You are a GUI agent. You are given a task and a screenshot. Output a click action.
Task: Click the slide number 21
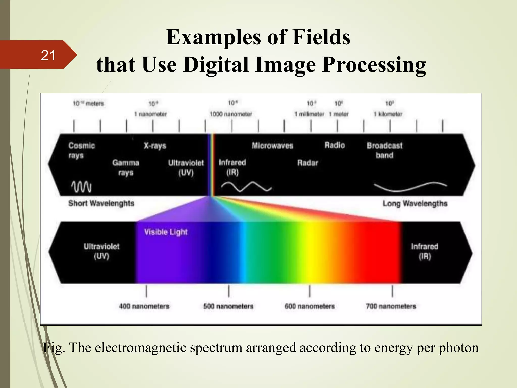pos(48,55)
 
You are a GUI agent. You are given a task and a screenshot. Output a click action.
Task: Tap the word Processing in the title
pos(374,65)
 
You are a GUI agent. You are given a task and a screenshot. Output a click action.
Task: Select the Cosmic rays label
pos(81,150)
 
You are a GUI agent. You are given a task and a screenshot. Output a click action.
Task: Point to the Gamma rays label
pos(125,167)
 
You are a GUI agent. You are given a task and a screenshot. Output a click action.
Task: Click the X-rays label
pos(155,146)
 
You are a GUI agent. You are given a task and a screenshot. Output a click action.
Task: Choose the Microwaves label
pos(272,145)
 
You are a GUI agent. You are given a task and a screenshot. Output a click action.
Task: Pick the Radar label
pos(307,163)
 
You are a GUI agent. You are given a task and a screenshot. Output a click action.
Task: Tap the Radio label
pos(334,145)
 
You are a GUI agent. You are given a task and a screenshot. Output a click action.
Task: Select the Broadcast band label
pos(384,150)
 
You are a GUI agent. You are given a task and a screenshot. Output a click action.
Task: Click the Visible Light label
pos(166,232)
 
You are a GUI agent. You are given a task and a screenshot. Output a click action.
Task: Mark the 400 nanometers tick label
pos(144,306)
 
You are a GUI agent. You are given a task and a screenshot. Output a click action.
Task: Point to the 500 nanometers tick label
pos(228,306)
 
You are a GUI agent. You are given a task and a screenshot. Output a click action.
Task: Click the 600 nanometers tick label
pos(309,306)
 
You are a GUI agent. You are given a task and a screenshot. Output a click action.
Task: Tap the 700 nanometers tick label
pos(391,306)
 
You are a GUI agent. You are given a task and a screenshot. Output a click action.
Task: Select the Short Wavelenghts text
pos(101,203)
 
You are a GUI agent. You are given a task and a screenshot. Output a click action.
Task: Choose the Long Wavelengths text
pos(415,203)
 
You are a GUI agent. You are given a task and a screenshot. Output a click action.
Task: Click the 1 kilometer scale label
pos(388,114)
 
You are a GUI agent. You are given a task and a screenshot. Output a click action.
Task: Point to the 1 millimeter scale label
pos(309,114)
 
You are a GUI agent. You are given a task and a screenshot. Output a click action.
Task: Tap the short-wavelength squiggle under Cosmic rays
pos(81,187)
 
